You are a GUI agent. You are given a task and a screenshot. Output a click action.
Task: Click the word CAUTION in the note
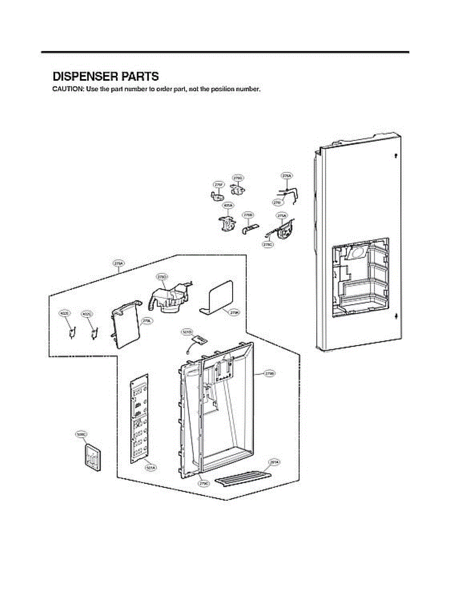coord(68,89)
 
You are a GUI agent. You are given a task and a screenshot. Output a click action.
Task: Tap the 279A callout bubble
coord(118,264)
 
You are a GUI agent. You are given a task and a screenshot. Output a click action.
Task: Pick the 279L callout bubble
coord(146,321)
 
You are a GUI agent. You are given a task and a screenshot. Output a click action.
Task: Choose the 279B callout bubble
coord(269,374)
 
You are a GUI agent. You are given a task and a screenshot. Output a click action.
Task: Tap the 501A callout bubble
coord(150,468)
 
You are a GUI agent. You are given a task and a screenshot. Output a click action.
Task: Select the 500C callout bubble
coord(81,434)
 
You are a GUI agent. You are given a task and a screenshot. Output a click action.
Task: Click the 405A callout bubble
coord(228,205)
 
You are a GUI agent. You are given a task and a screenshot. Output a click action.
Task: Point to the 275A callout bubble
coord(282,215)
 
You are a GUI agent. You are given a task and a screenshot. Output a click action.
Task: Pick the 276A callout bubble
coord(287,175)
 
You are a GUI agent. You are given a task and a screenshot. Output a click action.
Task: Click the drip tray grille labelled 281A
coord(243,478)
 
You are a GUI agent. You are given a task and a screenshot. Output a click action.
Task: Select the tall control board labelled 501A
coord(140,421)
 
